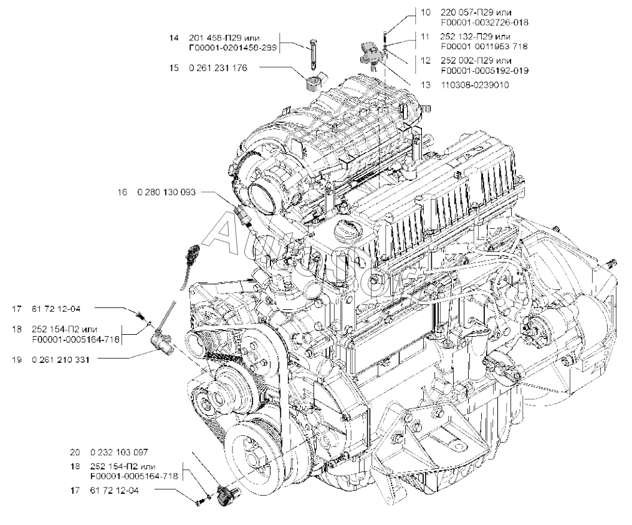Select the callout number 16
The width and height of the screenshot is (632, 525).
point(122,193)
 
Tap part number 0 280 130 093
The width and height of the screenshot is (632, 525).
point(166,193)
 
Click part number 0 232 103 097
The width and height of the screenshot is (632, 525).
point(120,452)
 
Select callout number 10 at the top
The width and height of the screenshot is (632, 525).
point(425,12)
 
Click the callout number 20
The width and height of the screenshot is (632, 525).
point(75,452)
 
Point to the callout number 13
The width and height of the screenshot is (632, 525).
point(425,85)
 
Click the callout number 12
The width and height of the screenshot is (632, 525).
point(425,60)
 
